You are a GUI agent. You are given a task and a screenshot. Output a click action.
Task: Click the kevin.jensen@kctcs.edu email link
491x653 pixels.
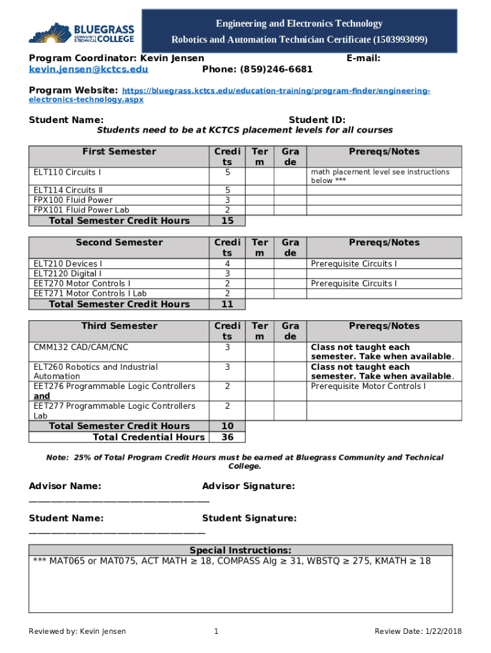click(89, 70)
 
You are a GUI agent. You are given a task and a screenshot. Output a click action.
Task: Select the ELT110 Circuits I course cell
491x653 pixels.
click(67, 172)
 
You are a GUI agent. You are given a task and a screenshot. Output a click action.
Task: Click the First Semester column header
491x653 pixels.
click(119, 152)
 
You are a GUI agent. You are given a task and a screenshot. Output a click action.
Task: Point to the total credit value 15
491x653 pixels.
click(227, 221)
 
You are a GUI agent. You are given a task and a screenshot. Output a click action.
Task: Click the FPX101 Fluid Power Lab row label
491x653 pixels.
click(81, 210)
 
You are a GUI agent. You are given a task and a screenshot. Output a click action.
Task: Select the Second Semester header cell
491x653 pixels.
click(119, 243)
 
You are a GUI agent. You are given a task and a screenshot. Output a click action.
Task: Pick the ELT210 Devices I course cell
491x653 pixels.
click(68, 263)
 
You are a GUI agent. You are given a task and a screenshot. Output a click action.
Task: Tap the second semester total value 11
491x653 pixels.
click(227, 304)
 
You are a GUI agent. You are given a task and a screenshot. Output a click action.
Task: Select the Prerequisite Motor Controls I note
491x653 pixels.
click(368, 386)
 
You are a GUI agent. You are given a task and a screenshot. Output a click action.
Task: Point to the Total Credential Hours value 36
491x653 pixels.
click(227, 437)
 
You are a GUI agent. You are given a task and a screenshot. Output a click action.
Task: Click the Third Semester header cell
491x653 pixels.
click(119, 326)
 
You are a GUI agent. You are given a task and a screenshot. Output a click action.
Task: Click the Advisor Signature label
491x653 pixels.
click(248, 487)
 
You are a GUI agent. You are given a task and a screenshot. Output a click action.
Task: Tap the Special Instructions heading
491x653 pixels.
click(240, 550)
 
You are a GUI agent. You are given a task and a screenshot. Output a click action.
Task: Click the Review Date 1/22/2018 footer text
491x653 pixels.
click(418, 631)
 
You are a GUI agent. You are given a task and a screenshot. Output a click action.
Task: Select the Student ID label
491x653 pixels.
click(317, 120)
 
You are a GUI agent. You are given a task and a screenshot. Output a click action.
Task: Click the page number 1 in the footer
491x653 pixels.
click(216, 631)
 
